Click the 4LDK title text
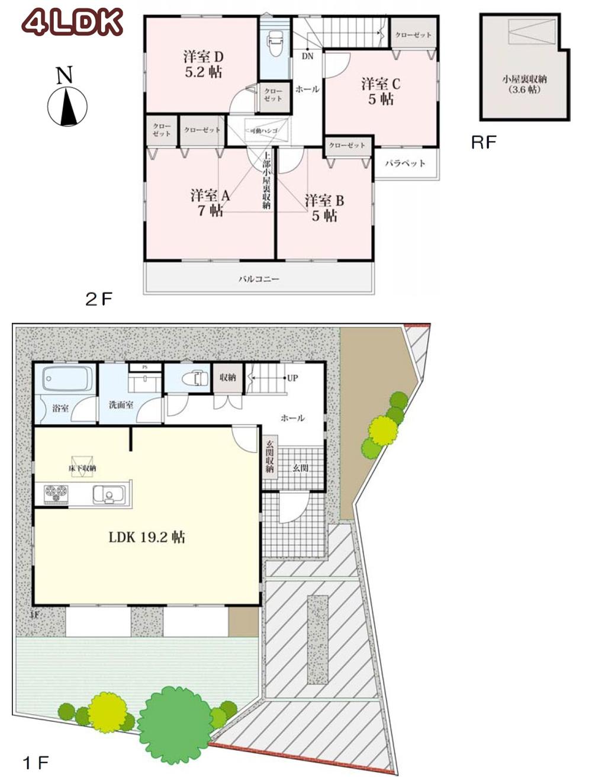point(72,23)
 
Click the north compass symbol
point(67,106)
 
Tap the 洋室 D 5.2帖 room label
point(203,64)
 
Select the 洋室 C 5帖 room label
point(381,91)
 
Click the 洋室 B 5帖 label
point(324,208)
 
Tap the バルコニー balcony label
point(259,278)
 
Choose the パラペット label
point(406,163)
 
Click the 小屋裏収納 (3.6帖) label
point(525,84)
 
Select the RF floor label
point(484,143)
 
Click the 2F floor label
point(98,299)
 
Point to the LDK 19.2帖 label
point(147,537)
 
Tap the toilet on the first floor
point(195,378)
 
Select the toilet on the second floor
point(275,43)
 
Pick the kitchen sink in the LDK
point(108,494)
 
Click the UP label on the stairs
point(292,378)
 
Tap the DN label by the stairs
point(307,56)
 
